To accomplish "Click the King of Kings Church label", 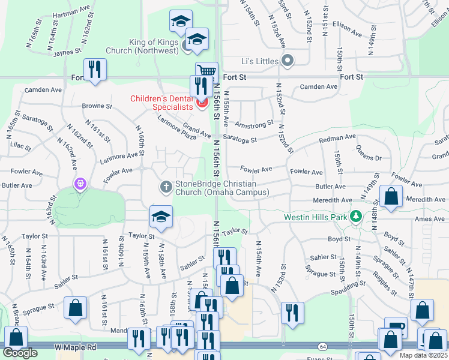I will pos(155,46).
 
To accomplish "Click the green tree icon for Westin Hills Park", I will pos(356,216).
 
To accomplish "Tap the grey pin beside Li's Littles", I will pos(288,61).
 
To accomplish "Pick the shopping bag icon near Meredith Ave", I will pos(391,197).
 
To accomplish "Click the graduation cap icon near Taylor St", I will pos(161,217).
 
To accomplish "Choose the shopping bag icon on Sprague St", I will pos(76,309).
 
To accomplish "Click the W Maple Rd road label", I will pos(76,347).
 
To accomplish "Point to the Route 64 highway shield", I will pos(322,347).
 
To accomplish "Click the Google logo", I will pos(20,353).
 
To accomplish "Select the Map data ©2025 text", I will pos(423,355).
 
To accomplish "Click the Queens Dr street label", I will pos(369,154).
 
